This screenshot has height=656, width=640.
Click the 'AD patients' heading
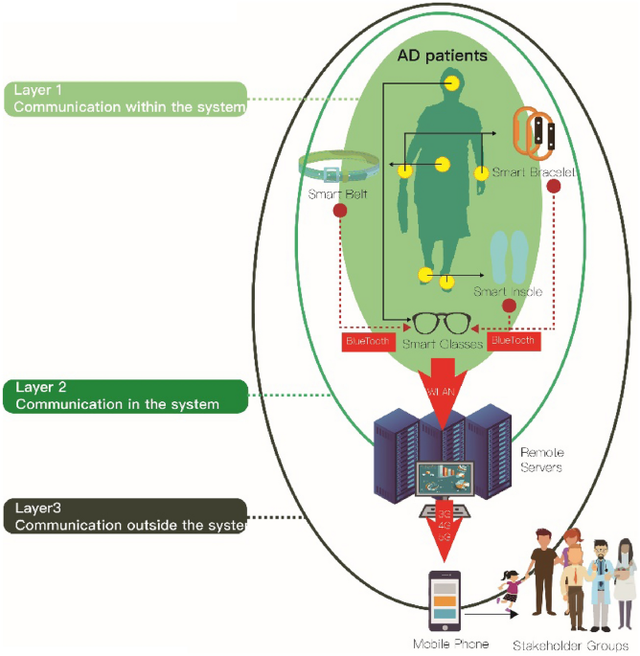(443, 56)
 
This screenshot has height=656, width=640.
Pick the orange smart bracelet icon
(532, 133)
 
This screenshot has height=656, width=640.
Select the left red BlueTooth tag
(368, 340)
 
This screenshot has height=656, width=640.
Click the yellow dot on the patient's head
(451, 82)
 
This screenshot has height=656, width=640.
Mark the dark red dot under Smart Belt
(338, 210)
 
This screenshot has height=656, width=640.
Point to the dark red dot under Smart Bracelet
(553, 188)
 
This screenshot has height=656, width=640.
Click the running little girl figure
(511, 583)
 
